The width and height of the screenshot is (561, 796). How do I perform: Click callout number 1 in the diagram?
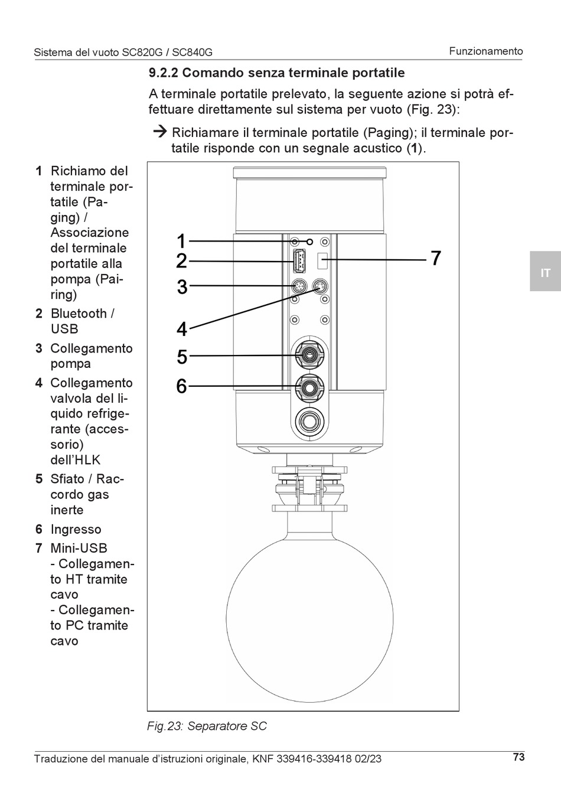181,241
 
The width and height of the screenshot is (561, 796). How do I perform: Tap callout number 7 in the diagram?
436,258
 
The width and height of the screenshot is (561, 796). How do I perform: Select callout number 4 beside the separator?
181,329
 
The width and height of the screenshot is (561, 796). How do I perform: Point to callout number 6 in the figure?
181,386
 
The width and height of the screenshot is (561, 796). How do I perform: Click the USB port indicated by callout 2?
299,261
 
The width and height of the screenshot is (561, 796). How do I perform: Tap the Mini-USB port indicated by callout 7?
322,261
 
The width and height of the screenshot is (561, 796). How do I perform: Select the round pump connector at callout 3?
299,286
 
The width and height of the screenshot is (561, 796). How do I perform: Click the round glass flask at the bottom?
310,618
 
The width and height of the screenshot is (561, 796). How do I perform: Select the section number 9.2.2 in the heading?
164,73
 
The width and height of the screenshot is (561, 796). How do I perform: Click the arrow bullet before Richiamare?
160,132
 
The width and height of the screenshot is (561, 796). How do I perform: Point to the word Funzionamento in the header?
485,51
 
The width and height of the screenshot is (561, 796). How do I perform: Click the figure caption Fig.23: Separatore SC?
207,726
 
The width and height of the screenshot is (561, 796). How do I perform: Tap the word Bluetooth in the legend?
79,314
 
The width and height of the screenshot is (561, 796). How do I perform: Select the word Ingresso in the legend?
76,529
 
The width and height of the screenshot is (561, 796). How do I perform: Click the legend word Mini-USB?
79,548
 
